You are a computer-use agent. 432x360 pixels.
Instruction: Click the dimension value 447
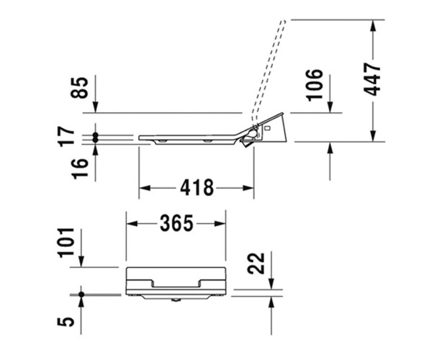[x=372, y=79]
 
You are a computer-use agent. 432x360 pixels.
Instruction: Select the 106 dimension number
[x=315, y=85]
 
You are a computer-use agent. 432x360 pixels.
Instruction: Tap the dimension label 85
[x=80, y=88]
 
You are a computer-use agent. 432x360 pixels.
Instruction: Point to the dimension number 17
[x=67, y=135]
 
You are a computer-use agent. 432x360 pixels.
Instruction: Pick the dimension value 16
[x=80, y=168]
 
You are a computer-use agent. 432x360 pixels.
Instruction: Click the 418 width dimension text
[x=197, y=188]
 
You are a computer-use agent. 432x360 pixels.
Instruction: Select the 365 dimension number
[x=176, y=223]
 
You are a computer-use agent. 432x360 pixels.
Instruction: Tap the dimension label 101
[x=66, y=243]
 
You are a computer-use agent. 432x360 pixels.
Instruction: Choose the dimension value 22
[x=256, y=264]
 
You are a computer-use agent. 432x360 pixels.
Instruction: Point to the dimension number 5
[x=66, y=322]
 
